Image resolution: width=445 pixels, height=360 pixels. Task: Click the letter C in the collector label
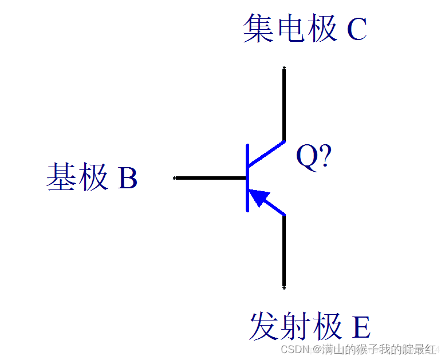[356, 30]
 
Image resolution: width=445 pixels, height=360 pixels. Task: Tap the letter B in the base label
[128, 178]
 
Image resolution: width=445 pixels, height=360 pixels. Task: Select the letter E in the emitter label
[361, 327]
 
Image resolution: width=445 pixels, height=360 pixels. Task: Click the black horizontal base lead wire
[210, 178]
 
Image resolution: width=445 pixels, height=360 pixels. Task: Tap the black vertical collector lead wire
[284, 103]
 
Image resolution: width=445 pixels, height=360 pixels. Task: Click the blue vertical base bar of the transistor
[247, 178]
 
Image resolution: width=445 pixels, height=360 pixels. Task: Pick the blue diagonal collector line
[266, 152]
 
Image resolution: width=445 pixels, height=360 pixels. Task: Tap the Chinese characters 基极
[77, 177]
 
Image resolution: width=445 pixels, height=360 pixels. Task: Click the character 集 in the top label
[259, 29]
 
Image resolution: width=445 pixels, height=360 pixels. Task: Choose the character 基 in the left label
[62, 177]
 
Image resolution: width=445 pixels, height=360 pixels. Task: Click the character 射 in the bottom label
[296, 327]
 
